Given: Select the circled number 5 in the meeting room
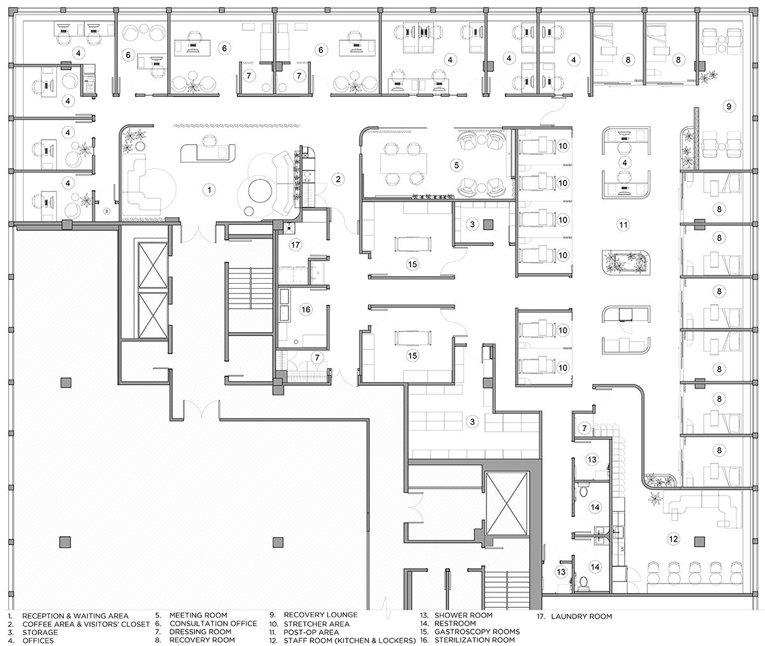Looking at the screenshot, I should click(x=456, y=165).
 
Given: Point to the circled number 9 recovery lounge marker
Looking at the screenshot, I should click(x=729, y=106).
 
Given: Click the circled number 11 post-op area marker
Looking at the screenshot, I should click(x=623, y=224).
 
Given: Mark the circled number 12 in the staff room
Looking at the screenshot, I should click(x=672, y=539).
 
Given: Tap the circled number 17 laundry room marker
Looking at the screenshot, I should click(x=294, y=244).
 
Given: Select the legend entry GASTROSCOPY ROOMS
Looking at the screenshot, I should click(x=476, y=631).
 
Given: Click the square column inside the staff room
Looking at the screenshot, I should click(x=699, y=541).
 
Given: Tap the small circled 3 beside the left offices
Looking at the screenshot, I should click(x=106, y=210).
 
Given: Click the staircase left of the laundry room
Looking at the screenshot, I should click(x=242, y=300).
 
